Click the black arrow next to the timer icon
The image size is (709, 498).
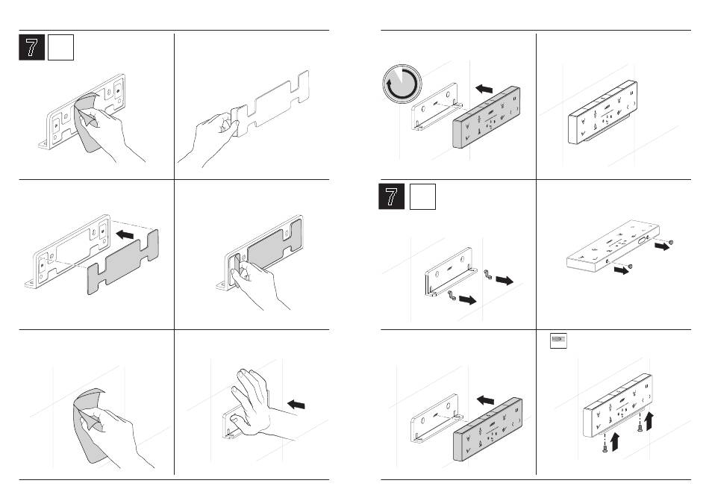[484, 89]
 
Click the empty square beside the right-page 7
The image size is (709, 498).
[422, 197]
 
